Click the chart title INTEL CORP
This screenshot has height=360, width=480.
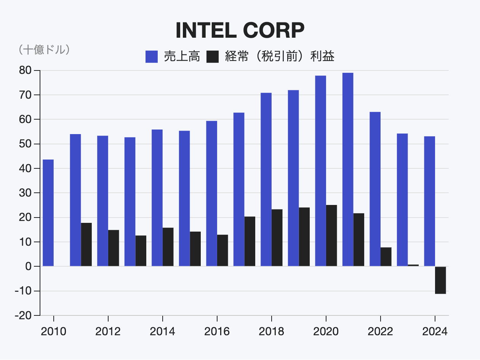tap(240, 30)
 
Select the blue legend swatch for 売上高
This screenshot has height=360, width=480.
tap(152, 57)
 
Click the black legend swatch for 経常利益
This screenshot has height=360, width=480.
tap(213, 57)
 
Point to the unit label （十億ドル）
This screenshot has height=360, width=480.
tap(43, 50)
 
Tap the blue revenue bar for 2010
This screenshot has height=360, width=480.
tap(48, 213)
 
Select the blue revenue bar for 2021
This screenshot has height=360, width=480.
tap(348, 170)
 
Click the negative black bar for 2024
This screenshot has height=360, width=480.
tap(440, 280)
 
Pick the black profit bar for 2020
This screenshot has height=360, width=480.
tap(331, 236)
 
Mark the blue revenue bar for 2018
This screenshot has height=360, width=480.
tap(266, 179)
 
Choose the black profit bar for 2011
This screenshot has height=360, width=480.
tap(86, 245)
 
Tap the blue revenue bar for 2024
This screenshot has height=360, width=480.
tap(429, 202)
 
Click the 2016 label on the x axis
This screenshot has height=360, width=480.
tap(217, 331)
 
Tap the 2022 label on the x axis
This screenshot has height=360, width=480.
tap(380, 331)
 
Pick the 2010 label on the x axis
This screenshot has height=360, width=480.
tap(53, 331)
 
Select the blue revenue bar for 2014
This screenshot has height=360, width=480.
tap(157, 198)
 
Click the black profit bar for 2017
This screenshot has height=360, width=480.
tap(250, 242)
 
